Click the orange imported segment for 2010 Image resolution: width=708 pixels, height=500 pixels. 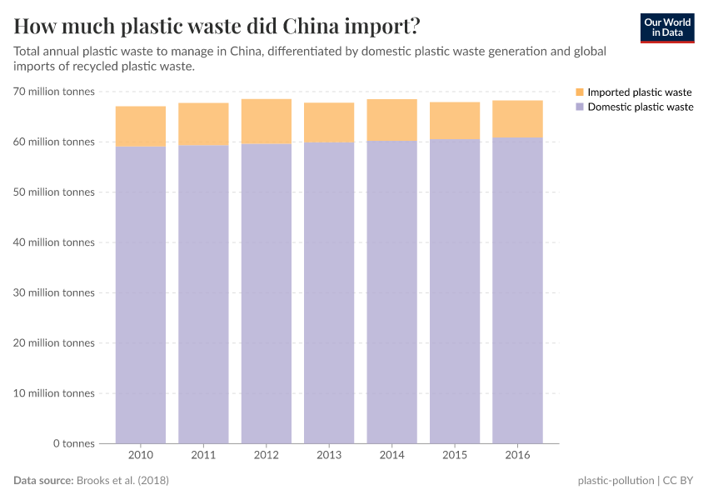(140, 126)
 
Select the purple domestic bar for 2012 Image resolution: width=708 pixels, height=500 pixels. (266, 292)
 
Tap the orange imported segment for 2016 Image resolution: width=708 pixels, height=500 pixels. (517, 119)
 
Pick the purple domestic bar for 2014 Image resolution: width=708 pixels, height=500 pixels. (391, 292)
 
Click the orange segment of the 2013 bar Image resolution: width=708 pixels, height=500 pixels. (329, 122)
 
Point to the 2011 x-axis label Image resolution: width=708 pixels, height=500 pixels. (203, 455)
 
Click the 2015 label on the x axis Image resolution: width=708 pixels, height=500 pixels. (455, 455)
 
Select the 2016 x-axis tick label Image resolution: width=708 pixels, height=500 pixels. (517, 455)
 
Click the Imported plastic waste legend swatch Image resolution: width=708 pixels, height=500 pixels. (580, 92)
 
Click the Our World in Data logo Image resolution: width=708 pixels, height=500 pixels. (666, 28)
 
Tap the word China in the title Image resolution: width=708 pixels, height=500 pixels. (317, 25)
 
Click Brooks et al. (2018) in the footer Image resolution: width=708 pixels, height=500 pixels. (127, 481)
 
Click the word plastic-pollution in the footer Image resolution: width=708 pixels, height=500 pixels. (615, 481)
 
